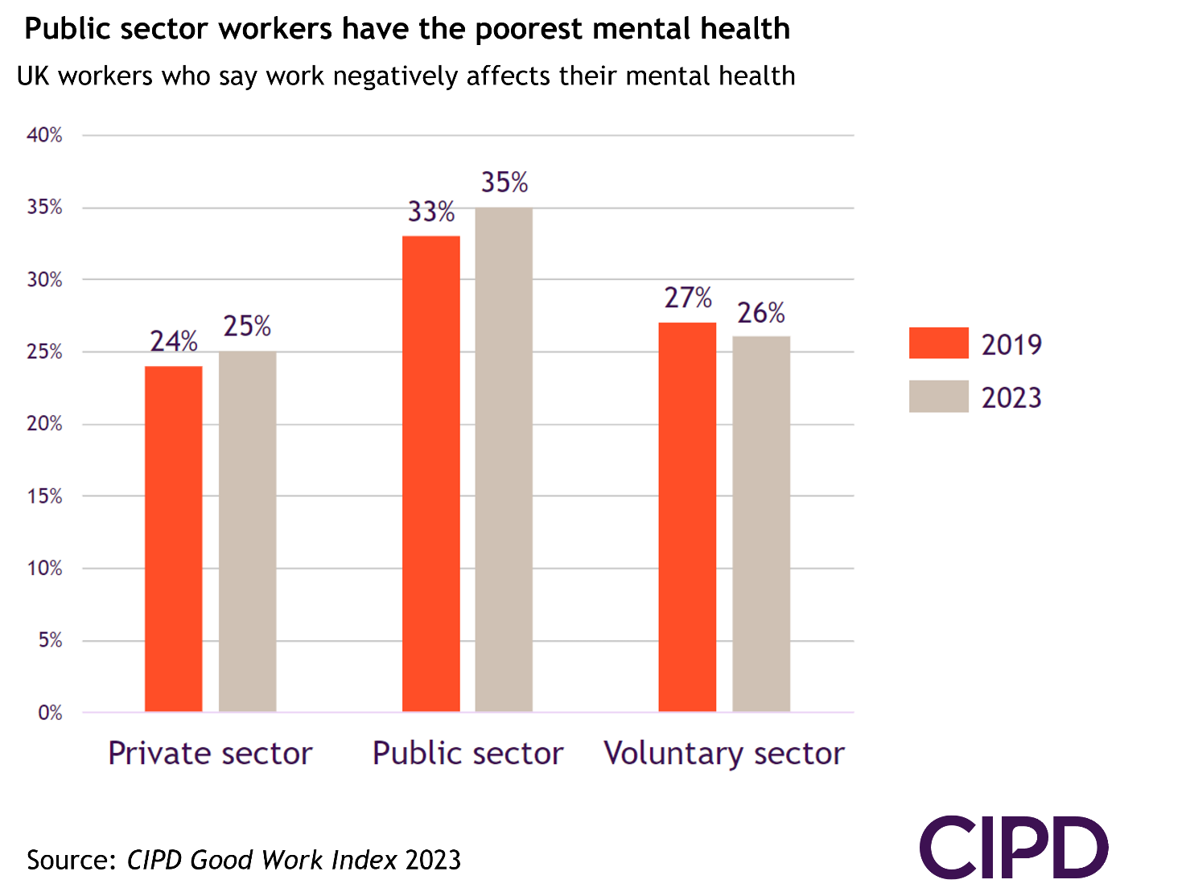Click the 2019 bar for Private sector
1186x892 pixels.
pyautogui.click(x=174, y=539)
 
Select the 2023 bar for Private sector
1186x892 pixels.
pyautogui.click(x=247, y=532)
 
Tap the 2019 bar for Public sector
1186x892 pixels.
pyautogui.click(x=431, y=474)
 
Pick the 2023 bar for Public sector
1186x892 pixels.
pyautogui.click(x=504, y=459)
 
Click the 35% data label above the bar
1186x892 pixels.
pyautogui.click(x=504, y=183)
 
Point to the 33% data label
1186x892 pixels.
pyautogui.click(x=431, y=212)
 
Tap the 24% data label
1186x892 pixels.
pyautogui.click(x=174, y=342)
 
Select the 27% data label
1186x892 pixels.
pyautogui.click(x=688, y=298)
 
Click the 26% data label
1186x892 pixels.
pyautogui.click(x=761, y=313)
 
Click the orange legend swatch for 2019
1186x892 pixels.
pyautogui.click(x=938, y=343)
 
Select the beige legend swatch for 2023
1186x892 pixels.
pyautogui.click(x=938, y=397)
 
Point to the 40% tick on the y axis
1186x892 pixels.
pyautogui.click(x=44, y=135)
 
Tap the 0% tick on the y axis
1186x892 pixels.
pyautogui.click(x=50, y=713)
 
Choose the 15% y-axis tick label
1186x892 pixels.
pyautogui.click(x=44, y=496)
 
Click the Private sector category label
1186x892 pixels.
pyautogui.click(x=210, y=754)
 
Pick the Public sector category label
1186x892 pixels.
pyautogui.click(x=467, y=754)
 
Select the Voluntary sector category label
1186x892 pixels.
pyautogui.click(x=724, y=754)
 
